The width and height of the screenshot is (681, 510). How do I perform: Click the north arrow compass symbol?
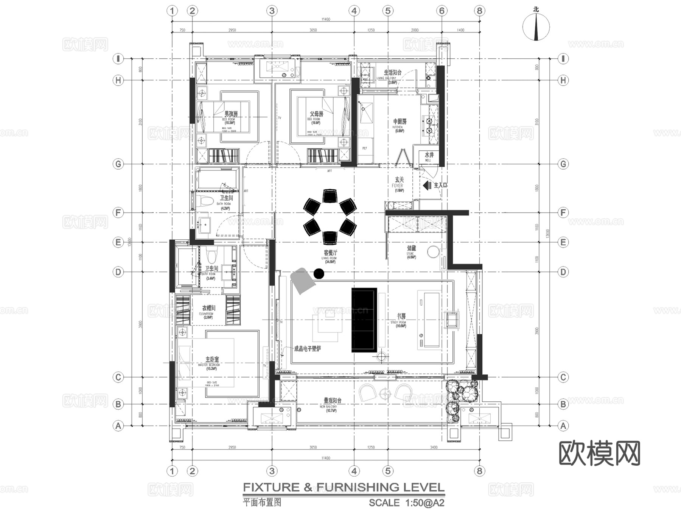(x=536, y=27)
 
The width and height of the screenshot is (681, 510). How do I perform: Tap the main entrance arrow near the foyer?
(x=428, y=186)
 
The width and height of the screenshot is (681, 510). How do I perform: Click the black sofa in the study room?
(x=364, y=320)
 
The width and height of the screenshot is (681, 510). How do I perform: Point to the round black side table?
(x=319, y=273)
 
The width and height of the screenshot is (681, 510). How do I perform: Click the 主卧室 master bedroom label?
(x=212, y=359)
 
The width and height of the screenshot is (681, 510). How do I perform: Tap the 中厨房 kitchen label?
(x=400, y=122)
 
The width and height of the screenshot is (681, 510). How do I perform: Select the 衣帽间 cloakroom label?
(x=208, y=308)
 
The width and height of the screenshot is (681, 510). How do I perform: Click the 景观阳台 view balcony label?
(x=333, y=400)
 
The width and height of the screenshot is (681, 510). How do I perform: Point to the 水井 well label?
(x=429, y=155)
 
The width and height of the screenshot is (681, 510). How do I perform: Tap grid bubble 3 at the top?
(x=272, y=11)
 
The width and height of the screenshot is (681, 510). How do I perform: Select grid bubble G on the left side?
(x=118, y=164)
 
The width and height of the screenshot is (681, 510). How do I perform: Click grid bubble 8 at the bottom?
(x=479, y=471)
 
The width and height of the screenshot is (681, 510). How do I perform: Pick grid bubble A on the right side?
(x=563, y=426)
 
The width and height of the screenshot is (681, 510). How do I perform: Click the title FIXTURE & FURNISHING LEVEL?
(x=344, y=487)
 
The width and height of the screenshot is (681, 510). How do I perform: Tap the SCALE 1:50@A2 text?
(x=406, y=503)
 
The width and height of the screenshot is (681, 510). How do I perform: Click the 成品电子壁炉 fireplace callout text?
(x=307, y=349)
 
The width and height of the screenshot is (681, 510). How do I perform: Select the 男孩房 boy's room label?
(x=231, y=114)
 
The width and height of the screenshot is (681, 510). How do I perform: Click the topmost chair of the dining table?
(x=330, y=196)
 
